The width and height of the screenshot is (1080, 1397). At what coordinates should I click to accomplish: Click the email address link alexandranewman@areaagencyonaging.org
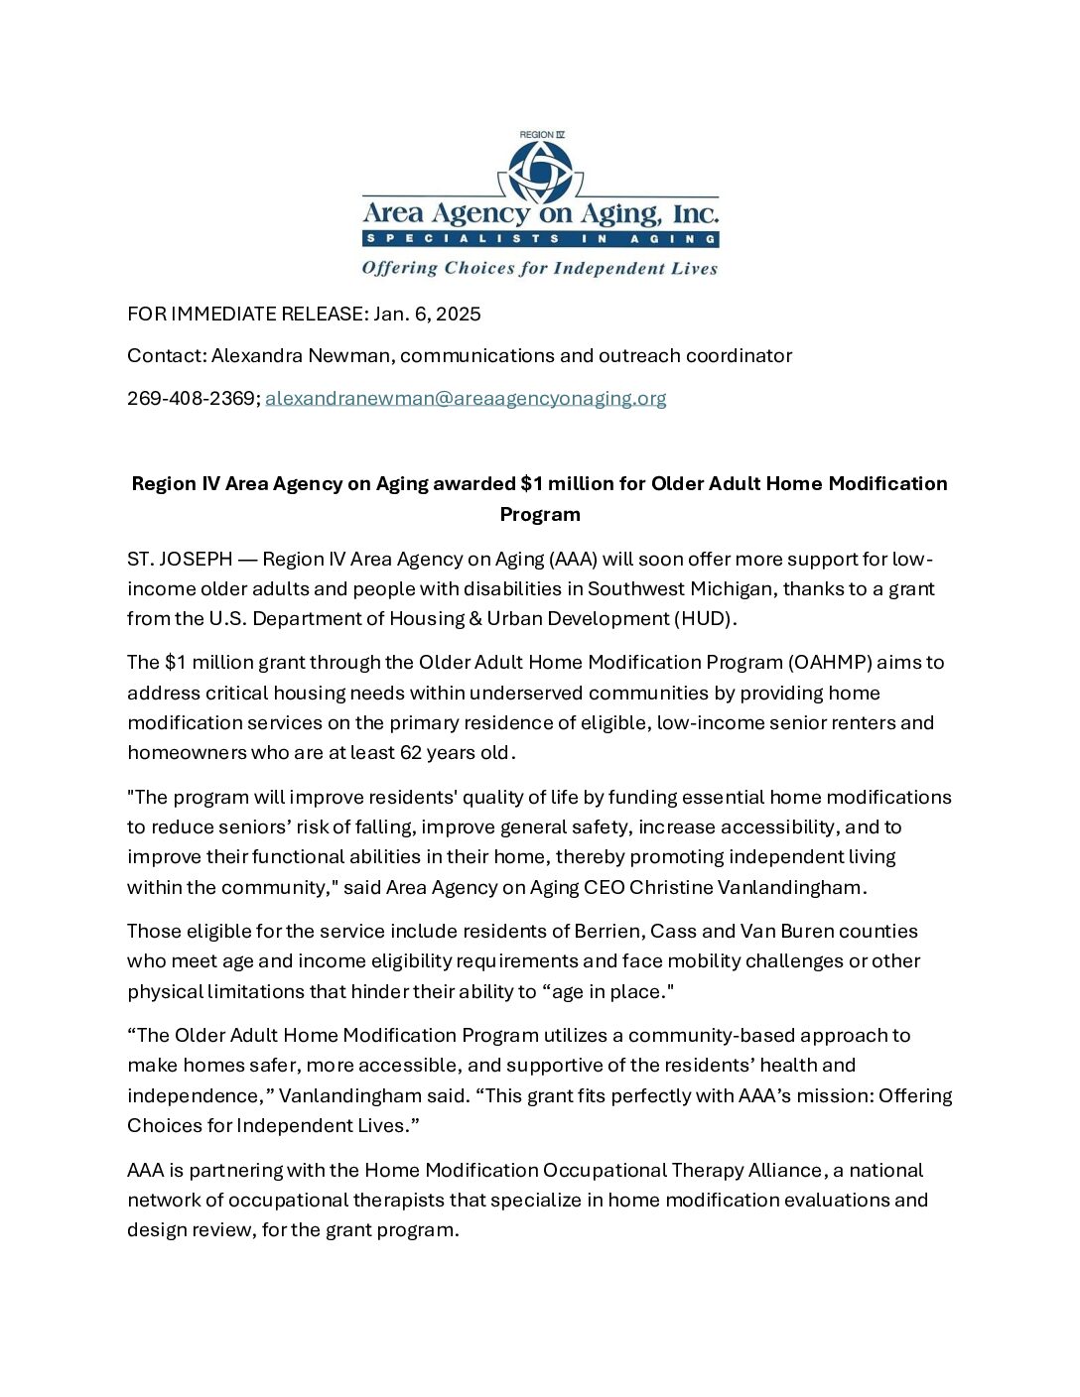(x=466, y=398)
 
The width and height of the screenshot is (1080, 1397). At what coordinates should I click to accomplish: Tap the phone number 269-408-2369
(x=192, y=398)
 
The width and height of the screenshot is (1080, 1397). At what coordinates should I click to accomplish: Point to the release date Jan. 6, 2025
(x=427, y=314)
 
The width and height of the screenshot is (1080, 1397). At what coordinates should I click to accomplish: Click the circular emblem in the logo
(x=541, y=171)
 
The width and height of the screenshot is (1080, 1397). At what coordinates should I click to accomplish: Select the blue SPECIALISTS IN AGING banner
(x=540, y=239)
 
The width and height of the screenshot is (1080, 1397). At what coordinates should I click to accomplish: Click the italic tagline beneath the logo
(x=540, y=268)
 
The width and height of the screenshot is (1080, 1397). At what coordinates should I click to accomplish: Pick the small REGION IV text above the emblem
(x=542, y=135)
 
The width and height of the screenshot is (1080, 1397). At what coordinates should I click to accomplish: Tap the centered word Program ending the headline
(x=540, y=514)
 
